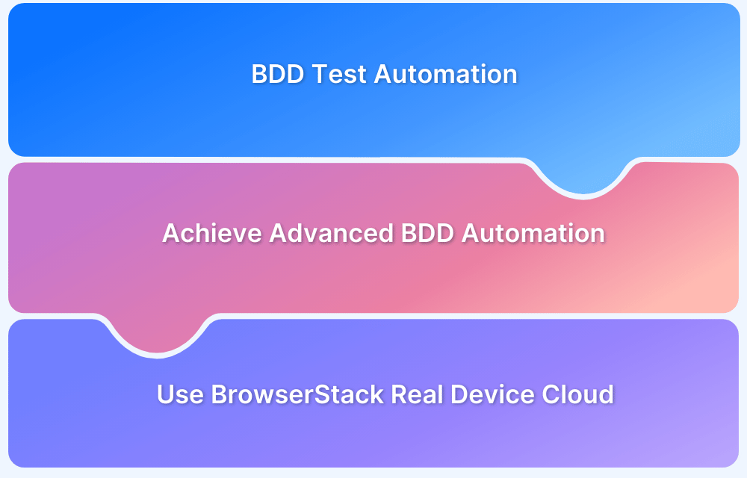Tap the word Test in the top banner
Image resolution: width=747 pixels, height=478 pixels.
pyautogui.click(x=339, y=75)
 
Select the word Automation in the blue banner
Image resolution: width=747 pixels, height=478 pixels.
pyautogui.click(x=446, y=75)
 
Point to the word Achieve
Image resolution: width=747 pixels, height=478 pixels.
pyautogui.click(x=212, y=233)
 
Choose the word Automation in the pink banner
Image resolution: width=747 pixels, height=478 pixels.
pyautogui.click(x=533, y=233)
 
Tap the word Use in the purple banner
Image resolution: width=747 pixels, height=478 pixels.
pyautogui.click(x=180, y=394)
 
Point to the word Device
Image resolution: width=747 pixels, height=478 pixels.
pyautogui.click(x=495, y=394)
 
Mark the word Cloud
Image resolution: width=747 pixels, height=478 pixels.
pyautogui.click(x=580, y=394)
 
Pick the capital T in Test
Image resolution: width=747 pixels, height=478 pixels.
pyautogui.click(x=320, y=75)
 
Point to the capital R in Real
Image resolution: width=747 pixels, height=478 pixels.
pyautogui.click(x=398, y=394)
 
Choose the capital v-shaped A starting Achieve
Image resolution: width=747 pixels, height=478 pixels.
pyautogui.click(x=172, y=233)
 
